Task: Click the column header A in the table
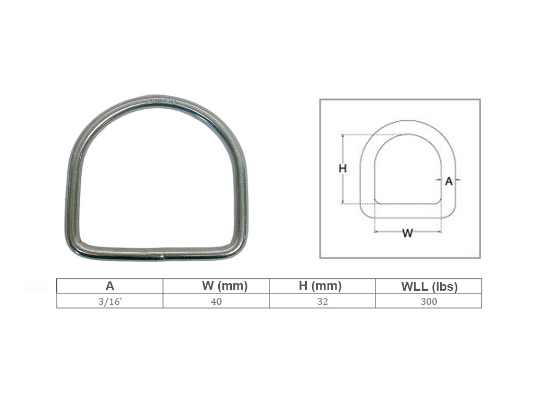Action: click(x=110, y=286)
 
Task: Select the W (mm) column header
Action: click(x=225, y=286)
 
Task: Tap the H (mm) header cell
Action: click(x=320, y=286)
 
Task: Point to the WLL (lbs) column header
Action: click(x=429, y=287)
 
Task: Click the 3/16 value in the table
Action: click(x=110, y=301)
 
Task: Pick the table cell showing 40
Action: click(x=217, y=301)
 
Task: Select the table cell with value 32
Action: click(x=322, y=301)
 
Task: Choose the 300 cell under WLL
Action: click(x=429, y=301)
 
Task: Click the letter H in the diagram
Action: click(x=343, y=169)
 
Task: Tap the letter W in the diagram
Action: click(x=408, y=233)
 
